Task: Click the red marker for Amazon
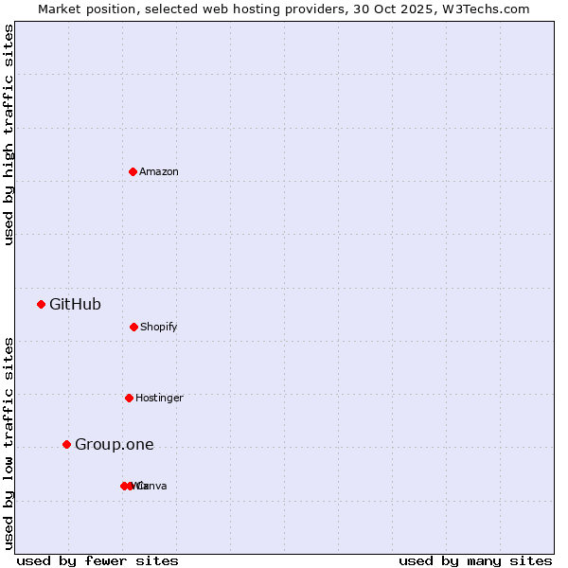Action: click(x=133, y=171)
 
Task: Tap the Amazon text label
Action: click(x=159, y=171)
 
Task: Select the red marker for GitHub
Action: click(x=41, y=304)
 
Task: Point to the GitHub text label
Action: click(x=75, y=304)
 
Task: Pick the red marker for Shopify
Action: click(x=133, y=327)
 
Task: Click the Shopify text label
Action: click(x=159, y=327)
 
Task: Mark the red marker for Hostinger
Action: click(x=129, y=398)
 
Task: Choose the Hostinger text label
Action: click(x=159, y=398)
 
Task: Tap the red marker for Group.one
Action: click(x=66, y=444)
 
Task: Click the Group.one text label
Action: click(x=114, y=444)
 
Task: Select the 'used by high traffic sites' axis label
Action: click(x=9, y=134)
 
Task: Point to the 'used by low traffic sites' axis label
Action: click(x=9, y=442)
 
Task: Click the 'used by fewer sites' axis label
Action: click(x=98, y=560)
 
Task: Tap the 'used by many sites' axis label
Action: click(x=475, y=560)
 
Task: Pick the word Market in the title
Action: click(x=60, y=9)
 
